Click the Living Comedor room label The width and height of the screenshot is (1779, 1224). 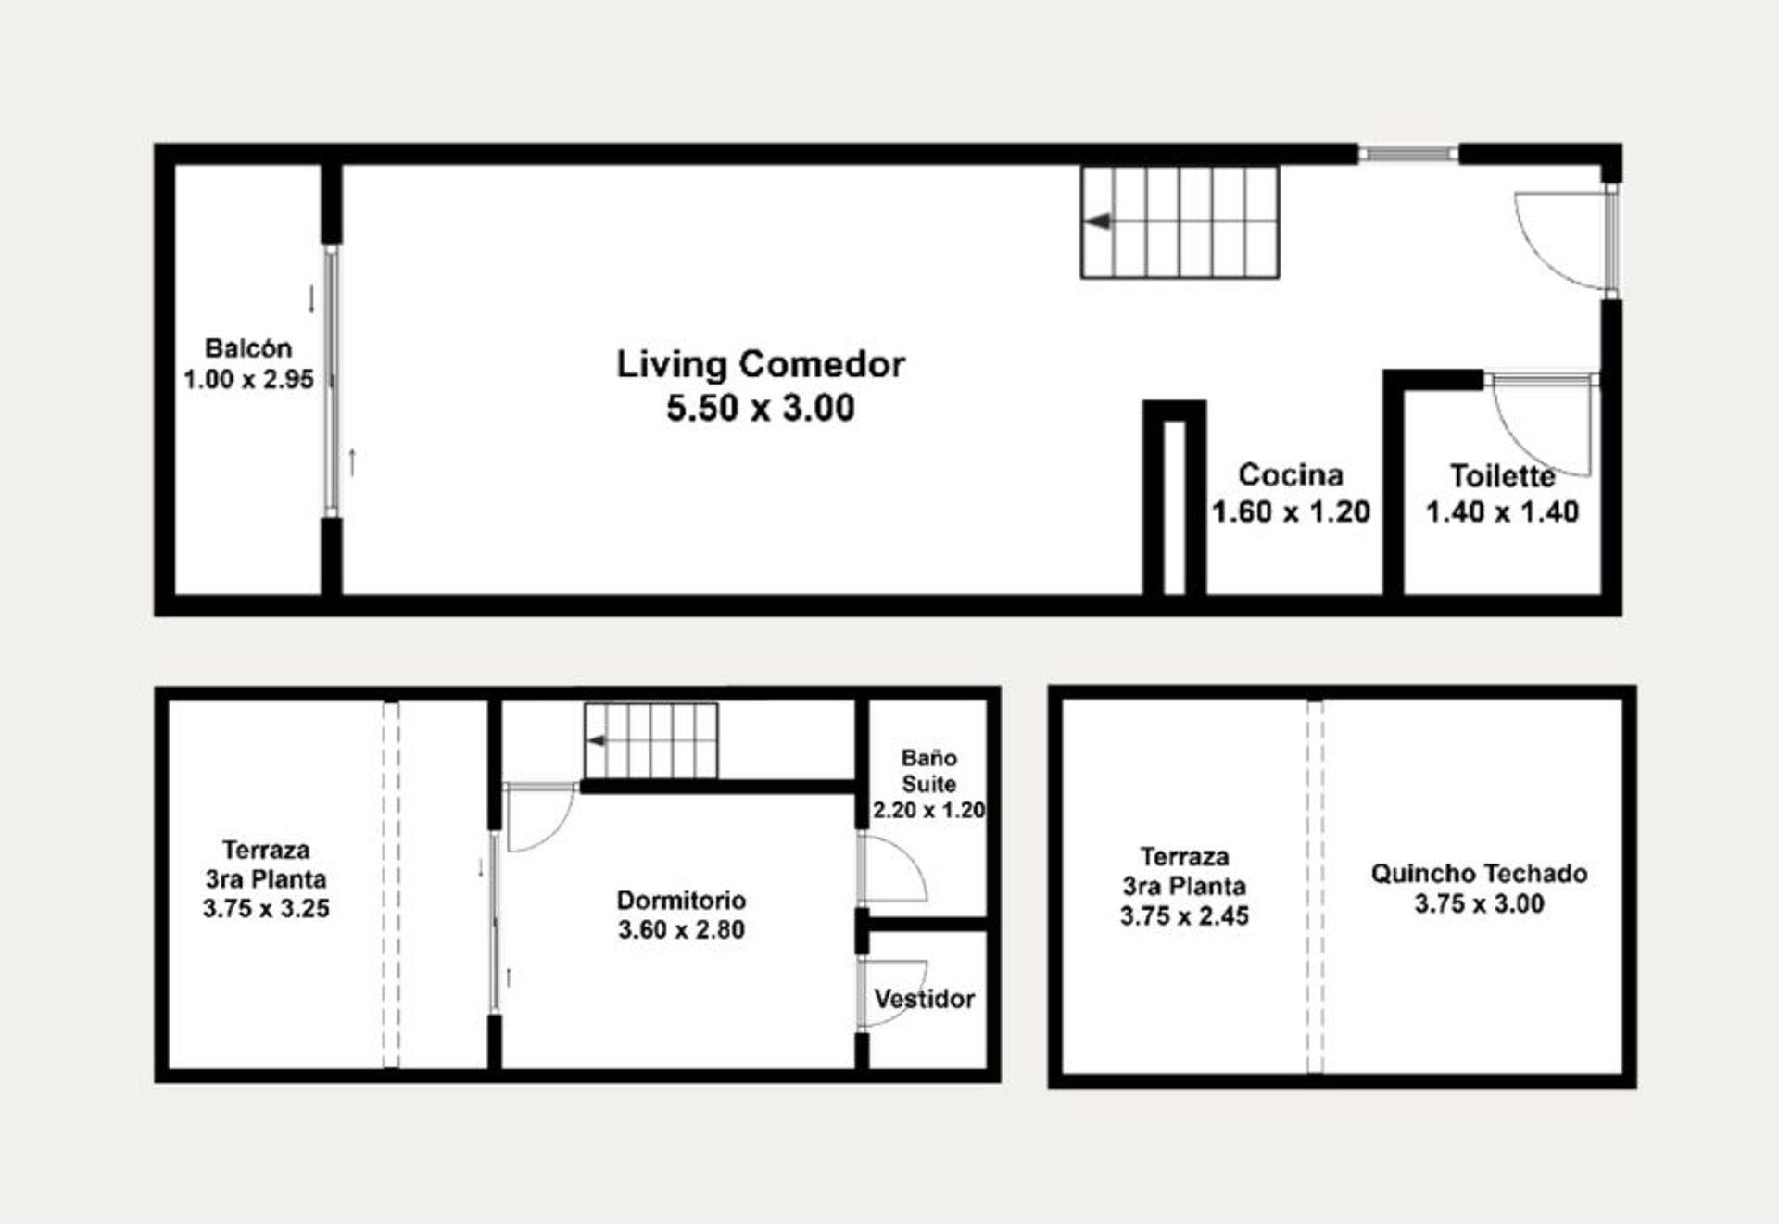[761, 364]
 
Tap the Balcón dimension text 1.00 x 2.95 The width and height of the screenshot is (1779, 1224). [248, 379]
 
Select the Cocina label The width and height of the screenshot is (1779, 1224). [1291, 474]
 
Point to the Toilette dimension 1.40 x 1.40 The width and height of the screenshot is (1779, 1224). [1502, 511]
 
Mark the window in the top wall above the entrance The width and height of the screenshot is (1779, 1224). [1408, 154]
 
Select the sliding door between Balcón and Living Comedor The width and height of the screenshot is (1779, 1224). [331, 380]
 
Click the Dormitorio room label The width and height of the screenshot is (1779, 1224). [681, 900]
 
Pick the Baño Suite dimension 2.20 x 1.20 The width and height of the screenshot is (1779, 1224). [928, 810]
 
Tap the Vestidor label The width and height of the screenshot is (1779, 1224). [924, 999]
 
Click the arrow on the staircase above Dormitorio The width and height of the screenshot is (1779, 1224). [596, 741]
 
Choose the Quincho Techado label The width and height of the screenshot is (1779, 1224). [1479, 873]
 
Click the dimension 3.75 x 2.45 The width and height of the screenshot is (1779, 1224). [1184, 915]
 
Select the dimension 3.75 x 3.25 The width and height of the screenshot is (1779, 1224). [266, 908]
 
